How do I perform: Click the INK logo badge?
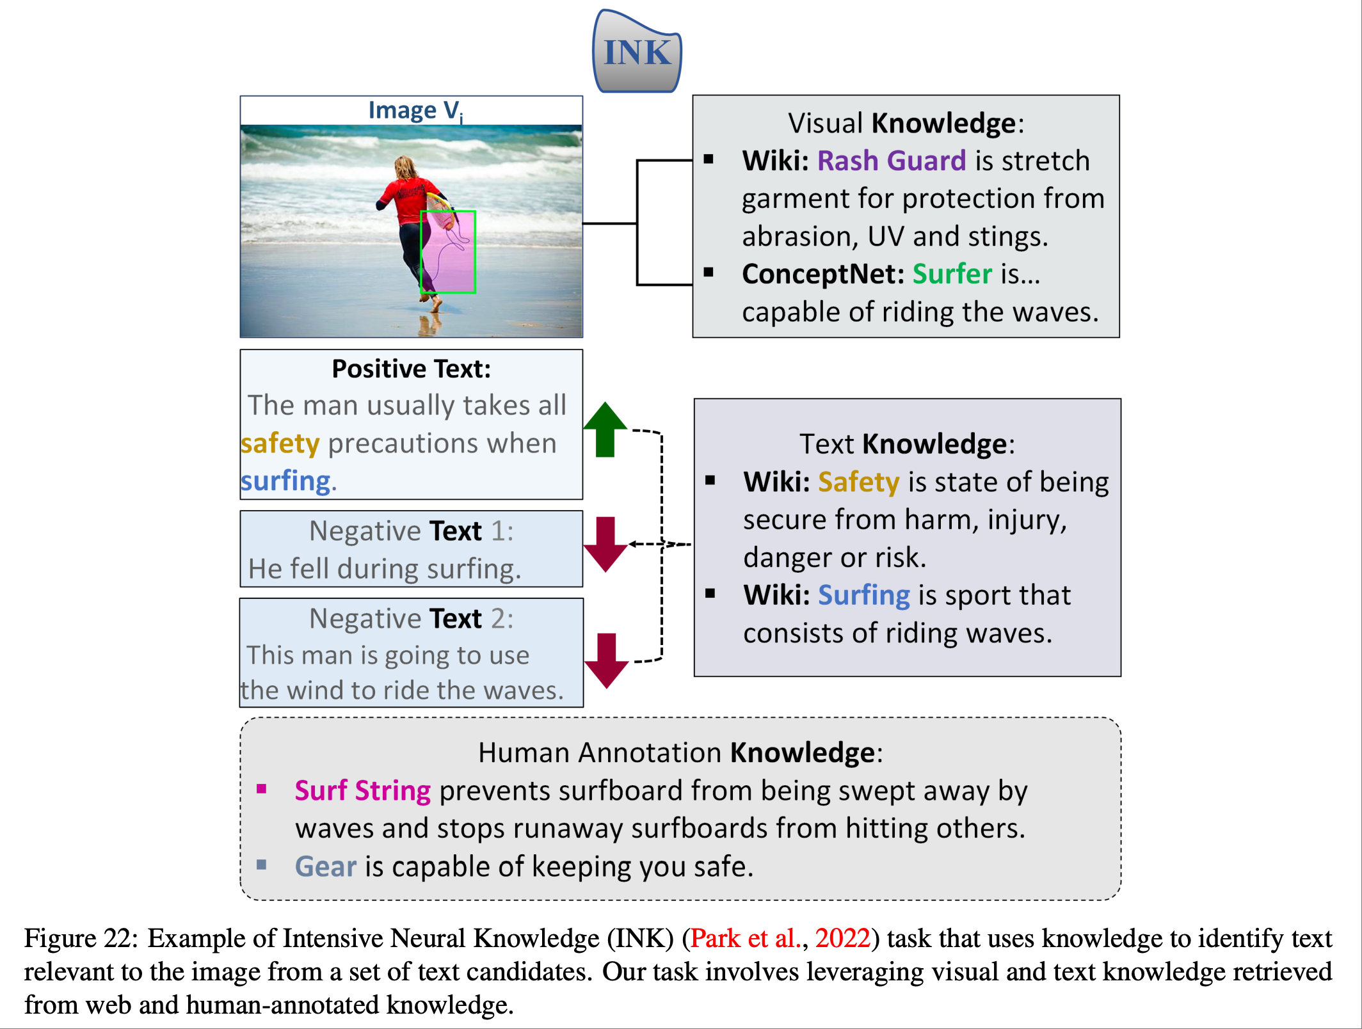click(x=637, y=52)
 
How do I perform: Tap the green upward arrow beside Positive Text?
click(x=605, y=429)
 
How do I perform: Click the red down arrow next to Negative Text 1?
click(x=605, y=544)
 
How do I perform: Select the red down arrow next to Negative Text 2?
click(x=606, y=660)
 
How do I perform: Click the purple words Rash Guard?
click(x=892, y=161)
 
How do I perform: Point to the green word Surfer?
click(x=952, y=274)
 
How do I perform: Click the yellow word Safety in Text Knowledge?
click(x=859, y=483)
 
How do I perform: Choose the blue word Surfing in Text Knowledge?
click(x=864, y=596)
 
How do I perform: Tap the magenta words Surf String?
click(x=363, y=792)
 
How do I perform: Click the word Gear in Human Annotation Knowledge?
click(x=326, y=866)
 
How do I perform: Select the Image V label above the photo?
click(x=415, y=111)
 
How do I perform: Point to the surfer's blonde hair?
click(x=405, y=168)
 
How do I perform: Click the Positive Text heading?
click(x=412, y=369)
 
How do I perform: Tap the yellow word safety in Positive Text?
click(x=280, y=444)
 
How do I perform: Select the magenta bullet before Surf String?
click(x=261, y=788)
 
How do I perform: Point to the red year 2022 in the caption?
click(x=843, y=938)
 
